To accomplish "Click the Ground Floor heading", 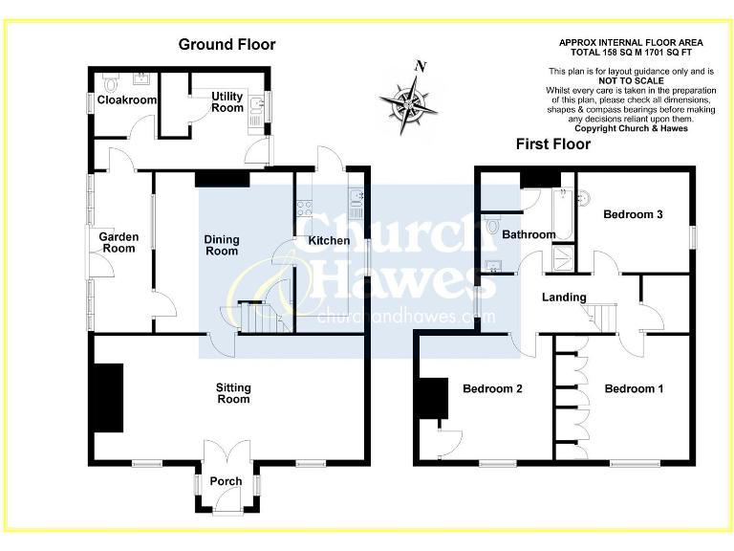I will click(227, 44).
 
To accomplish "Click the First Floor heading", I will click(553, 144).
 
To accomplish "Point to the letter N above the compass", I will click(419, 67).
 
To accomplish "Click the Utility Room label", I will click(227, 101).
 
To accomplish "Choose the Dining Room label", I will click(222, 246).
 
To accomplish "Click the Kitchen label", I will click(329, 240).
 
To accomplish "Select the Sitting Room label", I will click(233, 393).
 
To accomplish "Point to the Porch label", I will click(227, 481).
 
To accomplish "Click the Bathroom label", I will click(529, 234).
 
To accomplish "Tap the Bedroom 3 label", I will click(633, 214).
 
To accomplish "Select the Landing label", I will click(564, 298).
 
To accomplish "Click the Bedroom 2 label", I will click(492, 388).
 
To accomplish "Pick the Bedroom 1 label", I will click(634, 388).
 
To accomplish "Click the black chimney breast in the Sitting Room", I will click(108, 397).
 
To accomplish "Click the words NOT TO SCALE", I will click(631, 81).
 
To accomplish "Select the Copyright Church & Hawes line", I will click(631, 128).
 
